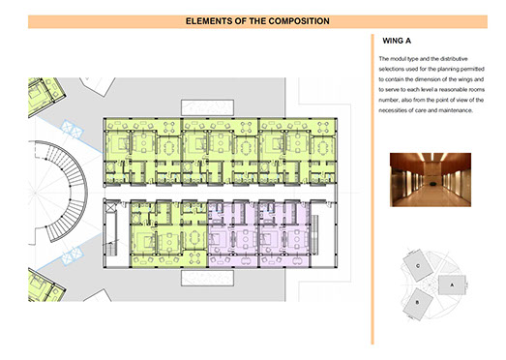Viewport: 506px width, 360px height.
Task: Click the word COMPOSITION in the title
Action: [x=299, y=21]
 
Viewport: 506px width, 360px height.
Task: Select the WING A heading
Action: [x=397, y=41]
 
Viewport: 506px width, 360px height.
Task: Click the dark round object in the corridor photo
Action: [x=432, y=184]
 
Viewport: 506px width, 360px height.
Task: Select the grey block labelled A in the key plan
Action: [x=452, y=285]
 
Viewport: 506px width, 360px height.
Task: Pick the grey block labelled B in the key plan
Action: [x=418, y=303]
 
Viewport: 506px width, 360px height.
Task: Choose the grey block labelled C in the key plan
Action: [x=418, y=266]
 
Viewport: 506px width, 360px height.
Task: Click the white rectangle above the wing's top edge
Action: [x=207, y=107]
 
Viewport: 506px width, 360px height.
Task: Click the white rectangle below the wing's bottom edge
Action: [x=207, y=278]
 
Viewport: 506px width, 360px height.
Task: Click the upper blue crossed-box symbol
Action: [x=72, y=129]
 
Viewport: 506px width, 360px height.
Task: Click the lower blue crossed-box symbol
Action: [x=73, y=256]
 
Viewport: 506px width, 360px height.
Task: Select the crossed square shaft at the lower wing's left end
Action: [x=110, y=207]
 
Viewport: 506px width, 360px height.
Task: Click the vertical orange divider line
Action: [x=372, y=190]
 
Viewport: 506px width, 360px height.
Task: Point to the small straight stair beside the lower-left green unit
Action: [x=110, y=250]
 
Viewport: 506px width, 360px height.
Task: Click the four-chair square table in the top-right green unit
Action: [x=323, y=127]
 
